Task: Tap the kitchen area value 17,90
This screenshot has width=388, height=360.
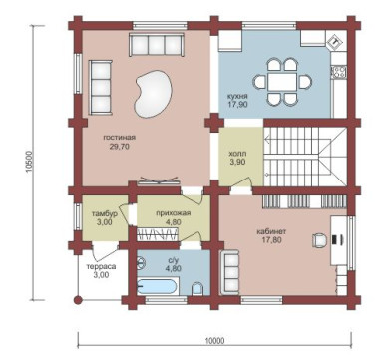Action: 237,104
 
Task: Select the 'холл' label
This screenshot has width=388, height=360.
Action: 237,155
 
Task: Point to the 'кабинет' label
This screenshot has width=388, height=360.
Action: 271,232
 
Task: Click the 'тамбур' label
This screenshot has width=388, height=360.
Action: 105,214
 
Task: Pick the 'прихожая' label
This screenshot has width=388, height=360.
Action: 174,213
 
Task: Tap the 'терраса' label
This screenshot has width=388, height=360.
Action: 101,267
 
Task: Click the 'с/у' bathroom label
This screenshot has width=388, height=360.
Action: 173,260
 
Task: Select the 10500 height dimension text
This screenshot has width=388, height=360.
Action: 28,162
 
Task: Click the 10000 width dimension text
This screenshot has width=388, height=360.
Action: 214,341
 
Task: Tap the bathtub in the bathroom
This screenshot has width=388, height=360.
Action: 158,286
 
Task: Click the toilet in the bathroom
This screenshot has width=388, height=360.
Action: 197,288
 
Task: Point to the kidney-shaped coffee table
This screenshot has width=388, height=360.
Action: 153,94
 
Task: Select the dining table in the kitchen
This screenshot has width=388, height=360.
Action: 283,82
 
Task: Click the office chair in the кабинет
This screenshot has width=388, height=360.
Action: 319,240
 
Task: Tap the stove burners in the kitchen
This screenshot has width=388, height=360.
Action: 339,71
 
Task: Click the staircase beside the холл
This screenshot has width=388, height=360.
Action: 305,157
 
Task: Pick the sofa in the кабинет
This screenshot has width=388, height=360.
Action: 229,272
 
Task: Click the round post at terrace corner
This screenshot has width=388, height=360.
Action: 78,300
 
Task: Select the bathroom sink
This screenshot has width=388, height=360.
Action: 142,263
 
